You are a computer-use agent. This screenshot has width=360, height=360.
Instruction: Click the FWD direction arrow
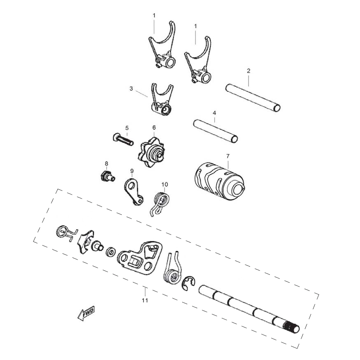click(x=86, y=313)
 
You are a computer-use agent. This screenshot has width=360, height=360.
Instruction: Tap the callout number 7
click(x=228, y=156)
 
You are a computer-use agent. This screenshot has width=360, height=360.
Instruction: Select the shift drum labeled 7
click(x=219, y=181)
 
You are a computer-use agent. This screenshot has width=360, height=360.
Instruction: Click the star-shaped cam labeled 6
click(x=152, y=152)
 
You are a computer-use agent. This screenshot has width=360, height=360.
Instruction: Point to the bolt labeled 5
click(x=123, y=139)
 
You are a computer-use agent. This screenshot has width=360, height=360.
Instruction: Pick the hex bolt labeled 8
click(x=108, y=177)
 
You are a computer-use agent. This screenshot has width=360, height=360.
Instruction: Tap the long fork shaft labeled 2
click(x=253, y=98)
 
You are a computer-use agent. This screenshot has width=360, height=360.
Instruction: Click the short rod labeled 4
click(x=216, y=131)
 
